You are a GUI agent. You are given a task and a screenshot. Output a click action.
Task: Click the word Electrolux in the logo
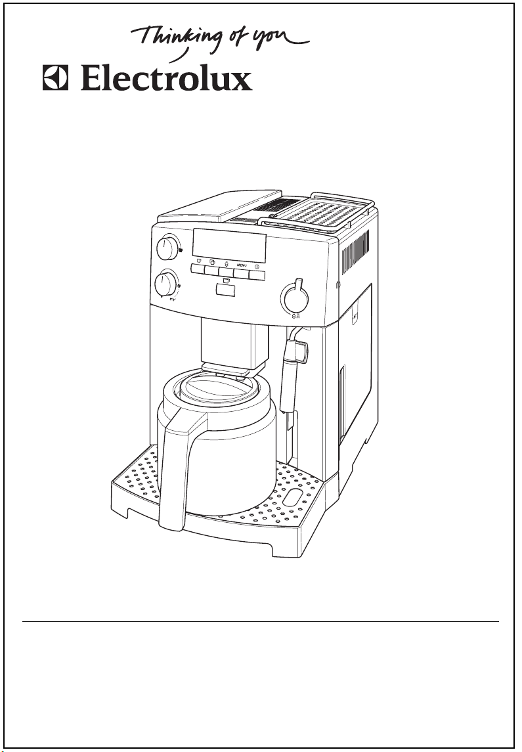pos(166,78)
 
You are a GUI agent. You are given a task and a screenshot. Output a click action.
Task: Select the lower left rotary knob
pos(166,284)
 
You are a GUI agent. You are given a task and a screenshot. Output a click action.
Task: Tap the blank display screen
pos(229,244)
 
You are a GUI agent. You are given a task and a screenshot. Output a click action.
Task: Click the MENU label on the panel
pos(242,265)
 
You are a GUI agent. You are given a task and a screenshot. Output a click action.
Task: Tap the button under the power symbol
pos(257,275)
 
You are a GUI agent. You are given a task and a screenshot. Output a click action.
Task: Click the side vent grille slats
pos(356,252)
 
